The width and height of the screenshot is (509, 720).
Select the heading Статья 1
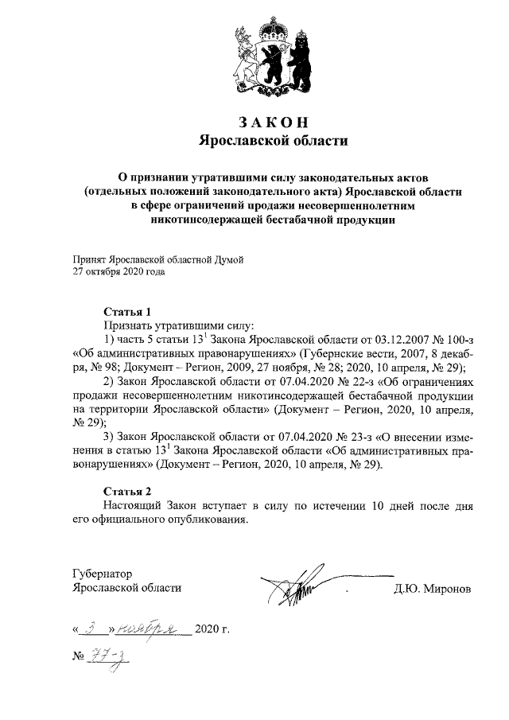click(x=126, y=311)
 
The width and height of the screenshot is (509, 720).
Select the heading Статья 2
click(x=126, y=490)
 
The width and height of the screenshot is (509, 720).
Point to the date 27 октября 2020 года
click(x=119, y=271)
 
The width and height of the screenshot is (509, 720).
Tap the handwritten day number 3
click(x=96, y=629)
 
